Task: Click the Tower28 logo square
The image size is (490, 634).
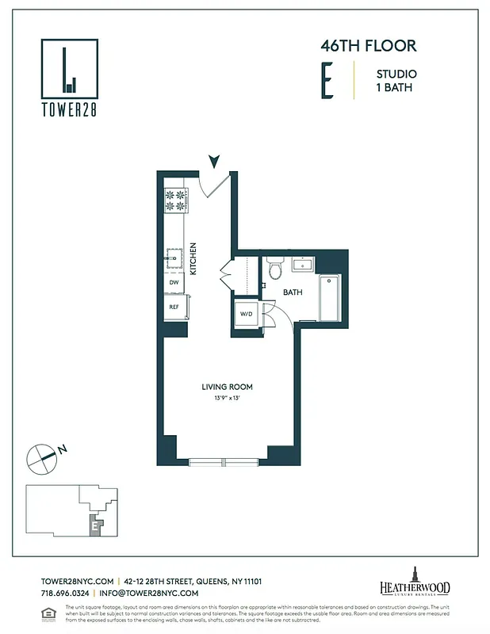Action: coord(70,69)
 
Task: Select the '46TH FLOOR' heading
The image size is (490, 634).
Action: coord(368,46)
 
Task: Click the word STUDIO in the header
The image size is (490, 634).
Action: coord(396,74)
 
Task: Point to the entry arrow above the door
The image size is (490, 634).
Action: coord(213,162)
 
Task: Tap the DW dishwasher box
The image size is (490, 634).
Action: coord(174,282)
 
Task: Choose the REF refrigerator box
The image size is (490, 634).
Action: coord(174,307)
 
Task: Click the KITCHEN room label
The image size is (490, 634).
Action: coord(193,258)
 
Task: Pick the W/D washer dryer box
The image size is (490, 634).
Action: coord(246,314)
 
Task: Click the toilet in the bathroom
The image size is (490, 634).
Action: coord(275,269)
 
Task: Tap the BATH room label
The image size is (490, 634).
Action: coord(293,292)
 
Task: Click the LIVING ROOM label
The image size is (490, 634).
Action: coord(227,387)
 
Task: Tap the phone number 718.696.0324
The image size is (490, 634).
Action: coord(64,593)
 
